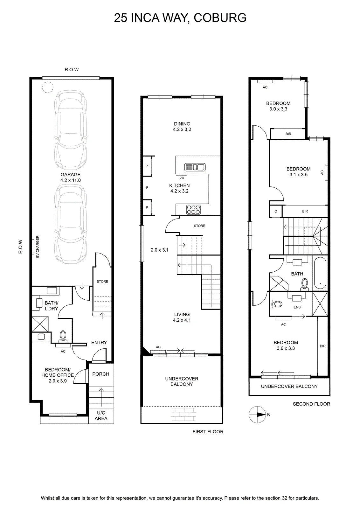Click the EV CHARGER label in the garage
[38, 247]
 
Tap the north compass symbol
[257, 415]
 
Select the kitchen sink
[195, 167]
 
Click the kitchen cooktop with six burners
[193, 210]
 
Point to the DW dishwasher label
[182, 178]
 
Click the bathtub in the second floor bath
[320, 273]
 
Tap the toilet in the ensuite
[276, 304]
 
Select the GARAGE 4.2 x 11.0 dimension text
[70, 178]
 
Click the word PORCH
[100, 374]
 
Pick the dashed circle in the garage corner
[47, 87]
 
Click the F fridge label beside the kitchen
[147, 188]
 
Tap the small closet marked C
[276, 211]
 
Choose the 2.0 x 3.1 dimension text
[159, 250]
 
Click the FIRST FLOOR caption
[208, 431]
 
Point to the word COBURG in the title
[220, 18]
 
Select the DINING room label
[182, 124]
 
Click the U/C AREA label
[101, 415]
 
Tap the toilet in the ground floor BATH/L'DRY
[63, 336]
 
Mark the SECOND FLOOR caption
[311, 404]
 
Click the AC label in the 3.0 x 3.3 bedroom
[265, 87]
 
